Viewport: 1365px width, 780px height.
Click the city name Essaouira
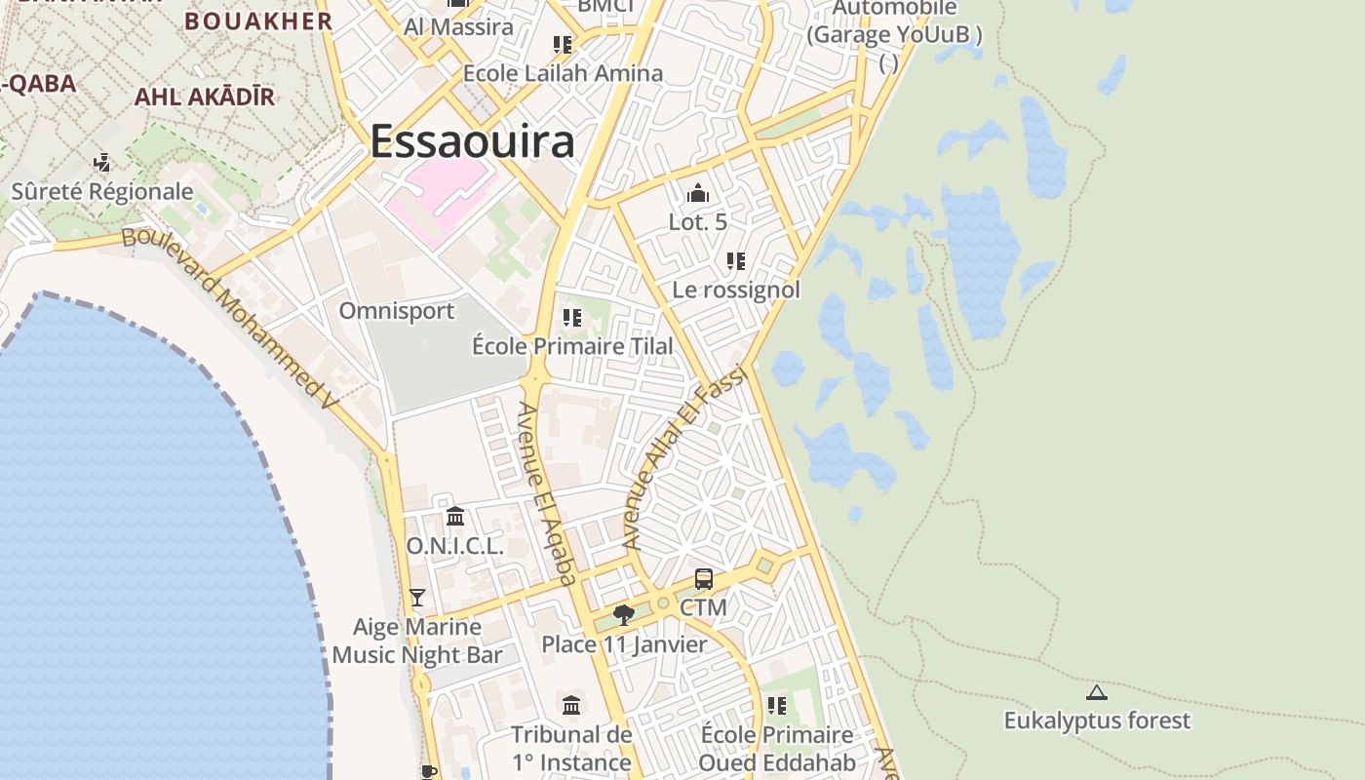click(473, 141)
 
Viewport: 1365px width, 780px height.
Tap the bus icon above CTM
click(704, 579)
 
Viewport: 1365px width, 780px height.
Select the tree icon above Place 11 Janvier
click(624, 615)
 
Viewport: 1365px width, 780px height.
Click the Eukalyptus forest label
click(1097, 721)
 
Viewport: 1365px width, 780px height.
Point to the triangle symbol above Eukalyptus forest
click(1097, 692)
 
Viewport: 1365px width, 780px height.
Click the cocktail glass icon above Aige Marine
click(417, 597)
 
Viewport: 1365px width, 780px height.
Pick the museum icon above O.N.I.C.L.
click(455, 516)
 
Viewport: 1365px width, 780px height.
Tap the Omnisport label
click(396, 311)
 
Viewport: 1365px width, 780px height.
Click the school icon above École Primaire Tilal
click(572, 318)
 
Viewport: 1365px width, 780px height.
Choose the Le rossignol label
click(736, 290)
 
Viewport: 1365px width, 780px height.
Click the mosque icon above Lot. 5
click(697, 193)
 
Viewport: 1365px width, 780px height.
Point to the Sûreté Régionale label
click(102, 191)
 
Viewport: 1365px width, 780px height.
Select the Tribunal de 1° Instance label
click(572, 748)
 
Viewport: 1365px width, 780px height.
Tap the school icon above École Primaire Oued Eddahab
click(777, 705)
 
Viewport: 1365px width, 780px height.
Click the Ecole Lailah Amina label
click(563, 73)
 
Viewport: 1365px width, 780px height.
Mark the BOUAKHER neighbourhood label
click(258, 20)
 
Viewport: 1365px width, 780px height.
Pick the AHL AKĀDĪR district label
click(204, 97)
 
